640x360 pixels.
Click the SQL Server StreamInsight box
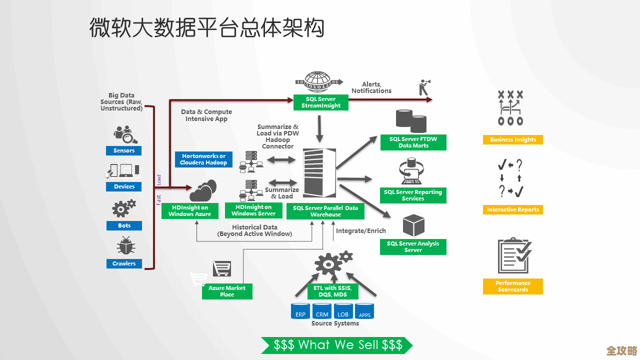click(321, 102)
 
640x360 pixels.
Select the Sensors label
click(124, 150)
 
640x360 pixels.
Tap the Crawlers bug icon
click(124, 246)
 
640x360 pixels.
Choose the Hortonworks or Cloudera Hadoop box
click(203, 159)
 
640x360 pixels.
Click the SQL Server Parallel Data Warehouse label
click(325, 211)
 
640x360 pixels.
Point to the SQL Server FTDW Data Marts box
click(413, 142)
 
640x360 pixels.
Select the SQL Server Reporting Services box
click(413, 195)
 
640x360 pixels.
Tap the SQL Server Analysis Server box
click(413, 246)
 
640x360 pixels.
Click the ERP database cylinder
click(300, 311)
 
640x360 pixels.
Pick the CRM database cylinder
click(322, 311)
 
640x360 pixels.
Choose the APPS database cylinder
click(364, 311)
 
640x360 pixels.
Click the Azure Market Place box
click(227, 291)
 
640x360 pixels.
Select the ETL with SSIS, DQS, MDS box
click(332, 291)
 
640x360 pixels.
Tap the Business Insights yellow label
click(512, 140)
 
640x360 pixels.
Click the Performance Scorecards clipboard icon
click(513, 255)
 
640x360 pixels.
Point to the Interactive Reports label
click(512, 210)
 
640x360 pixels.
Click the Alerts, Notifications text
click(371, 87)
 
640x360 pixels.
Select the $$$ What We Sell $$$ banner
click(337, 345)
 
